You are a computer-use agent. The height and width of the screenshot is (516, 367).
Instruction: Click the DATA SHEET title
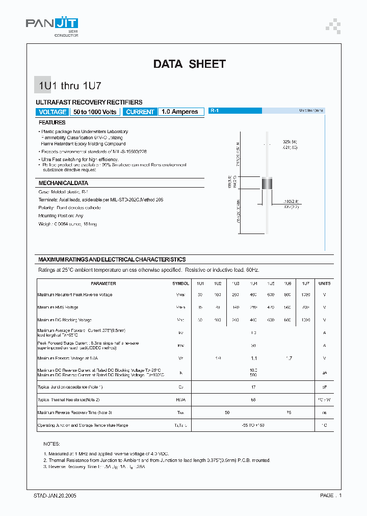click(189, 64)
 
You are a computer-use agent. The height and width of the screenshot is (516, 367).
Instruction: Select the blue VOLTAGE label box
click(53, 112)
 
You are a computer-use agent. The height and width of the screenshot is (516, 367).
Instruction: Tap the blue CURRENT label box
click(140, 112)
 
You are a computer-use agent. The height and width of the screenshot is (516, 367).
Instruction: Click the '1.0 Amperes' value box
click(179, 112)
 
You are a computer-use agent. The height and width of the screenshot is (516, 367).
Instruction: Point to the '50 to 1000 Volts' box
click(95, 112)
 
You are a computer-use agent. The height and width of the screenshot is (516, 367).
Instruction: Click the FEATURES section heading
click(52, 123)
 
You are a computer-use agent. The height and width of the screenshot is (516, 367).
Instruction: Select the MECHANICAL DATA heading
click(63, 183)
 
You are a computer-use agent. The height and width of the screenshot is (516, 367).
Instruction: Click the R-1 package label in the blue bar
click(215, 111)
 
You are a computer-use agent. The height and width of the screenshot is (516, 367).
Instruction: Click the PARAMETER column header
click(103, 283)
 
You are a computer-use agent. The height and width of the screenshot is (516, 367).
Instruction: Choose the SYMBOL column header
click(180, 283)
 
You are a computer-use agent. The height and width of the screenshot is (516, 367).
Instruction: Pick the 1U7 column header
click(305, 283)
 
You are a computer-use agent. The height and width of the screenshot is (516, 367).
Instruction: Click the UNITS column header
click(324, 283)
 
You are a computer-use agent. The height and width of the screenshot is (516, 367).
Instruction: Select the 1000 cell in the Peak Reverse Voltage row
click(305, 295)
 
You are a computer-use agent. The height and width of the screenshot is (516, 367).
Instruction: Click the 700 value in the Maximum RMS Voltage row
click(305, 307)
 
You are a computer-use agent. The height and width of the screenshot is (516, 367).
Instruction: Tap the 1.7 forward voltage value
click(289, 358)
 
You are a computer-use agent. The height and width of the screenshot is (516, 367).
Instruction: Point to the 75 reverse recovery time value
click(289, 411)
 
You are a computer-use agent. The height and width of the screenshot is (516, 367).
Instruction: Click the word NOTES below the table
click(51, 444)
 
